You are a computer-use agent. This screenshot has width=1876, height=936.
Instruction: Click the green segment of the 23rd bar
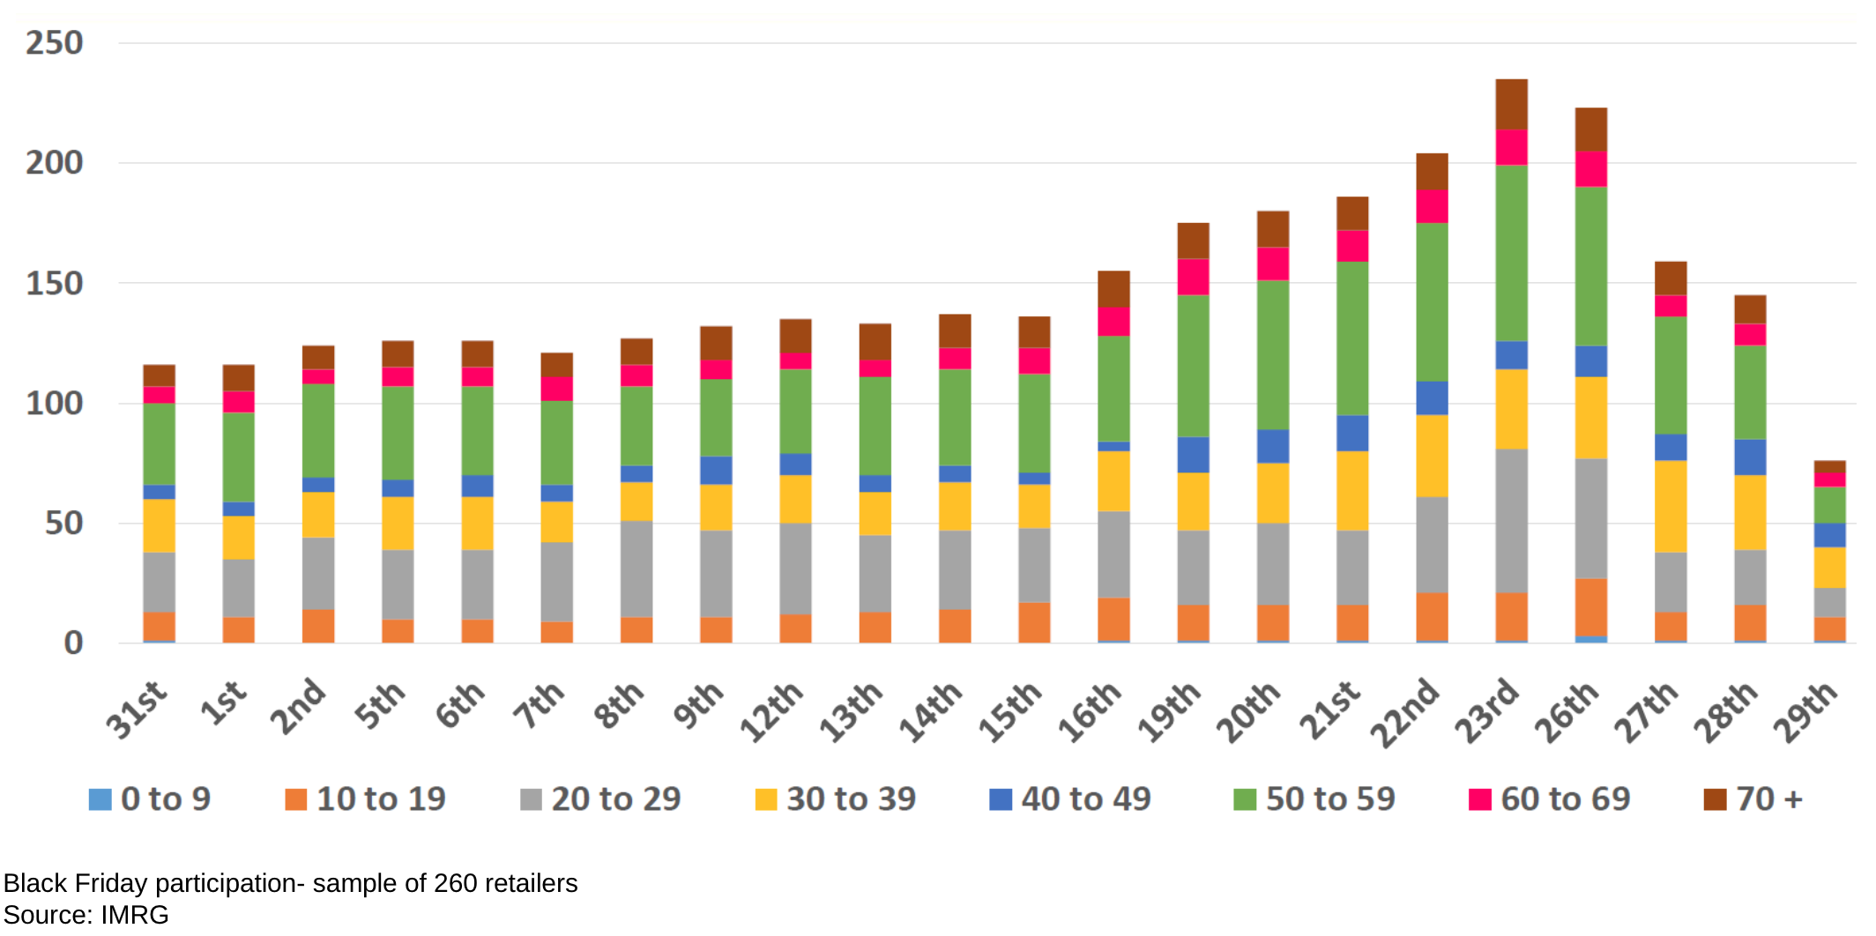(x=1511, y=253)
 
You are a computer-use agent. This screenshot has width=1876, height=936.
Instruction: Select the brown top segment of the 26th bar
(x=1590, y=129)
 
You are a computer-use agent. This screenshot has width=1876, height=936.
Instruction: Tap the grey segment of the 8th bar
(x=636, y=568)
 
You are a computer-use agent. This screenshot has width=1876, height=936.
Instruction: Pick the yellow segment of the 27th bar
(x=1671, y=506)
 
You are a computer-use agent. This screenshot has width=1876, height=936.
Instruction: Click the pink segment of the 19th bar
(x=1193, y=277)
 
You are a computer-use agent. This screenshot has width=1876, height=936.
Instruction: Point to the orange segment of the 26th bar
(x=1590, y=606)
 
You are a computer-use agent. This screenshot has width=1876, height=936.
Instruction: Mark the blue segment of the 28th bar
(x=1750, y=457)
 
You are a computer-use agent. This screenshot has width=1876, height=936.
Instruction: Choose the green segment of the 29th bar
(x=1829, y=505)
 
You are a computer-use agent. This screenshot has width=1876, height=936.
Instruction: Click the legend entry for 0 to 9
(x=150, y=799)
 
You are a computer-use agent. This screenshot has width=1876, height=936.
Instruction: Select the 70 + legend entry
(x=1753, y=799)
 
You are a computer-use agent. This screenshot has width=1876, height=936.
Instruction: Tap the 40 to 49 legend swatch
(x=1001, y=799)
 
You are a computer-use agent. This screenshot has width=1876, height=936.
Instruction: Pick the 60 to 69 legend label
(x=1566, y=799)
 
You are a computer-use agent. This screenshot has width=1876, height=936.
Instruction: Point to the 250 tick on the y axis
(x=55, y=43)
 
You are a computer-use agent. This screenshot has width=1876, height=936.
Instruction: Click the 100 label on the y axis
(x=55, y=404)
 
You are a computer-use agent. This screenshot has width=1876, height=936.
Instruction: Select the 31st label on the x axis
(x=137, y=709)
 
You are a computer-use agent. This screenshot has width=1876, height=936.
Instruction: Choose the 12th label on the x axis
(x=771, y=712)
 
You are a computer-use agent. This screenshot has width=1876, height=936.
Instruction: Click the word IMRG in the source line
(x=135, y=915)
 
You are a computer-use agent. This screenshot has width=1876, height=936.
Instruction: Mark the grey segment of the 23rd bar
(x=1511, y=520)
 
